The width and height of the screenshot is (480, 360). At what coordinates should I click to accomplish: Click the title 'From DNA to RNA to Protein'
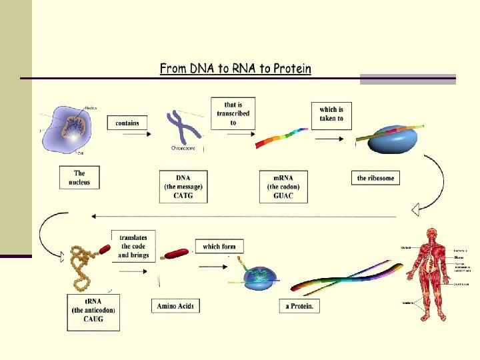235,69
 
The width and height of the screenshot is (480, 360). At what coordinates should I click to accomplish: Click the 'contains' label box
127,123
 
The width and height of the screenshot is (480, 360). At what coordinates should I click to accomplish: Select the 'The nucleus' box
79,177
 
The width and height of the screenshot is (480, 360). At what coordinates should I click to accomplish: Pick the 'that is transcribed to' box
233,113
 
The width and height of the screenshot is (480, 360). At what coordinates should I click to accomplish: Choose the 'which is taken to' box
331,115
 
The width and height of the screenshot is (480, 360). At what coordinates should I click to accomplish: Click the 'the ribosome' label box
375,178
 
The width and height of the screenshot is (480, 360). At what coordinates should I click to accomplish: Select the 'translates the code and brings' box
133,246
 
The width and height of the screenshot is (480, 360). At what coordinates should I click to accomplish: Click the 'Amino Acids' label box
175,306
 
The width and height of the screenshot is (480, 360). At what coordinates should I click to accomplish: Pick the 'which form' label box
219,246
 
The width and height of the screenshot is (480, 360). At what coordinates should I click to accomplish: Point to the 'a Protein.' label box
299,306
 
